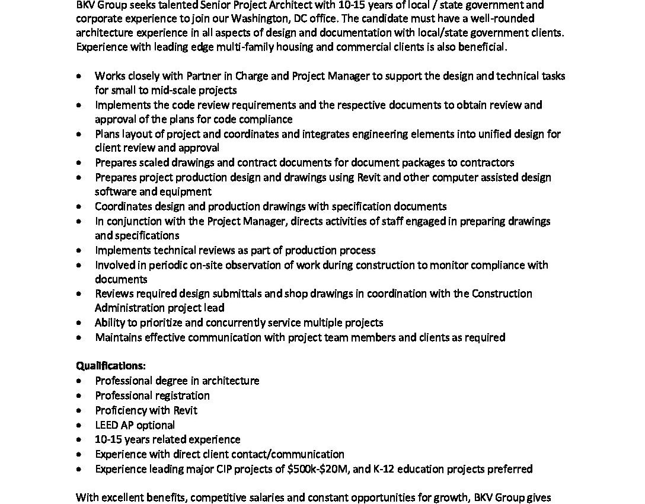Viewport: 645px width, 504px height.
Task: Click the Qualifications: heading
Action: tap(111, 366)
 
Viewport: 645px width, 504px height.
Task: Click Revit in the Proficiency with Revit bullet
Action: tap(186, 410)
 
